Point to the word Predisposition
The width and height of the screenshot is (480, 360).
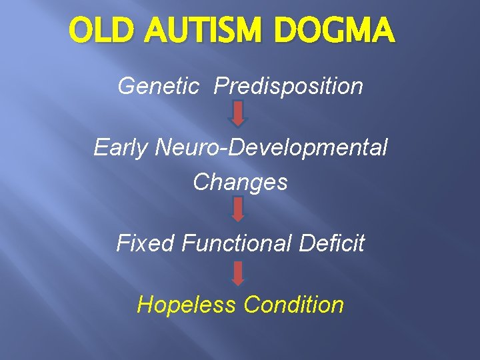[289, 86]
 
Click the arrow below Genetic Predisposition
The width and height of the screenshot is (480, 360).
[239, 113]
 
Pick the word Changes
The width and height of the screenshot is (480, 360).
[240, 182]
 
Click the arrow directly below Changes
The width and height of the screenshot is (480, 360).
[239, 209]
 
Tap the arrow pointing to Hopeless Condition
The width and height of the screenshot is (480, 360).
[239, 273]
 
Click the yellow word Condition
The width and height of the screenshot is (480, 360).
[293, 305]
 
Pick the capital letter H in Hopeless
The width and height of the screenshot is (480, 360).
[144, 305]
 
